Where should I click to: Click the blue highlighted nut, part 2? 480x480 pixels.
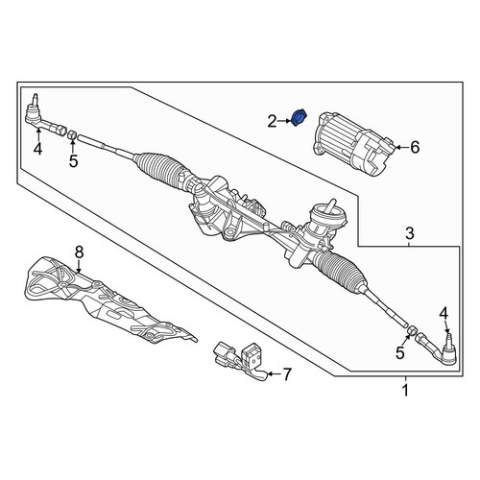click(x=300, y=117)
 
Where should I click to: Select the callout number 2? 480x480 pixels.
click(x=272, y=122)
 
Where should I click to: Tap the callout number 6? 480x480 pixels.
click(x=415, y=148)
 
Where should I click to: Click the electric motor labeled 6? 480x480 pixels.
click(x=352, y=143)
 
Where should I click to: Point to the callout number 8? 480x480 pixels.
click(x=79, y=252)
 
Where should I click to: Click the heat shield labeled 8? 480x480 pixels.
click(x=106, y=304)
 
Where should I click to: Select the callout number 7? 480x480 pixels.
click(x=286, y=373)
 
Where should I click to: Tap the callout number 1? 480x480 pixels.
click(x=405, y=391)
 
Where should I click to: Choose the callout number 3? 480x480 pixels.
click(x=410, y=233)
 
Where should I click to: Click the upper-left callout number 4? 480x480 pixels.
click(x=37, y=149)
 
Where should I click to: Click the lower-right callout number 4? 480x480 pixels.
click(x=444, y=314)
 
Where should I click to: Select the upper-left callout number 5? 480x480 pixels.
click(x=73, y=161)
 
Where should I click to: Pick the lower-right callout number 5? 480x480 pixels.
click(x=400, y=352)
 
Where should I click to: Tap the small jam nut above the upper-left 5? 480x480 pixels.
click(x=72, y=135)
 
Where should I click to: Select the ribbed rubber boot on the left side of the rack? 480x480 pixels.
click(x=160, y=169)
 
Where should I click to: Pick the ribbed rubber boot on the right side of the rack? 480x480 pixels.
click(x=340, y=271)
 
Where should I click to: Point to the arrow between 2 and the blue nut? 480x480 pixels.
click(x=285, y=121)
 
